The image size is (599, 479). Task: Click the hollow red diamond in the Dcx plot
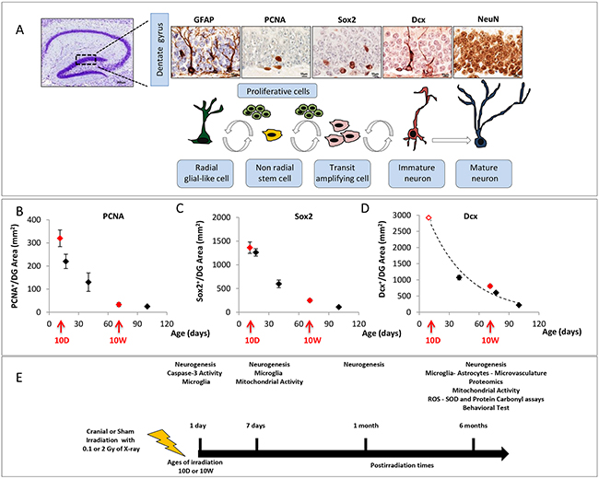(x=429, y=218)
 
